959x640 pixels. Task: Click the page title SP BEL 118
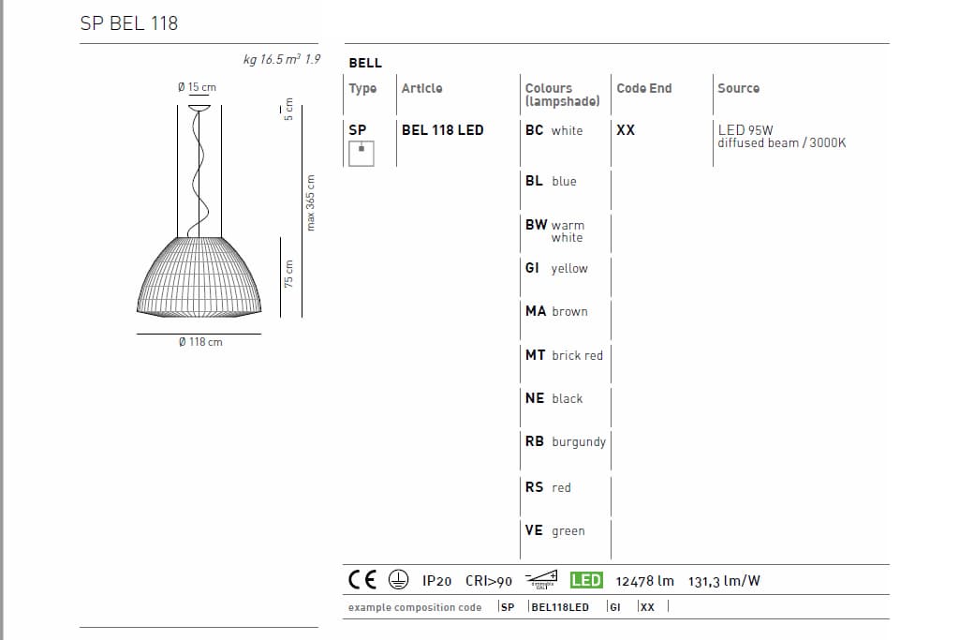pos(129,23)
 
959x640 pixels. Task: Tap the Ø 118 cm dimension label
pos(200,342)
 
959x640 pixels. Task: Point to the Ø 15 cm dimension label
pos(197,87)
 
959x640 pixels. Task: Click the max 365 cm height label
pos(311,202)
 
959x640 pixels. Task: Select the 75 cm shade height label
pos(288,274)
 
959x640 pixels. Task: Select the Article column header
pos(421,88)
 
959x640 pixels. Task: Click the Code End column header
pos(644,88)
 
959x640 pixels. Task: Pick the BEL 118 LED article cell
pos(443,130)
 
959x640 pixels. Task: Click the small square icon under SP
pos(361,152)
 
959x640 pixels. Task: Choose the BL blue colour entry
pos(551,181)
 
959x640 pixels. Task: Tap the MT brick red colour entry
pos(564,355)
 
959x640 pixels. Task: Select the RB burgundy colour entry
pos(565,441)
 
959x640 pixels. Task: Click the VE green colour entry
pos(554,530)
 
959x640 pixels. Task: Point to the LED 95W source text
pos(745,130)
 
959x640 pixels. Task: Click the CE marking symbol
pos(362,580)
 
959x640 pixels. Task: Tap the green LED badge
pos(586,580)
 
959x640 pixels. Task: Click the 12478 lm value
pos(644,581)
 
